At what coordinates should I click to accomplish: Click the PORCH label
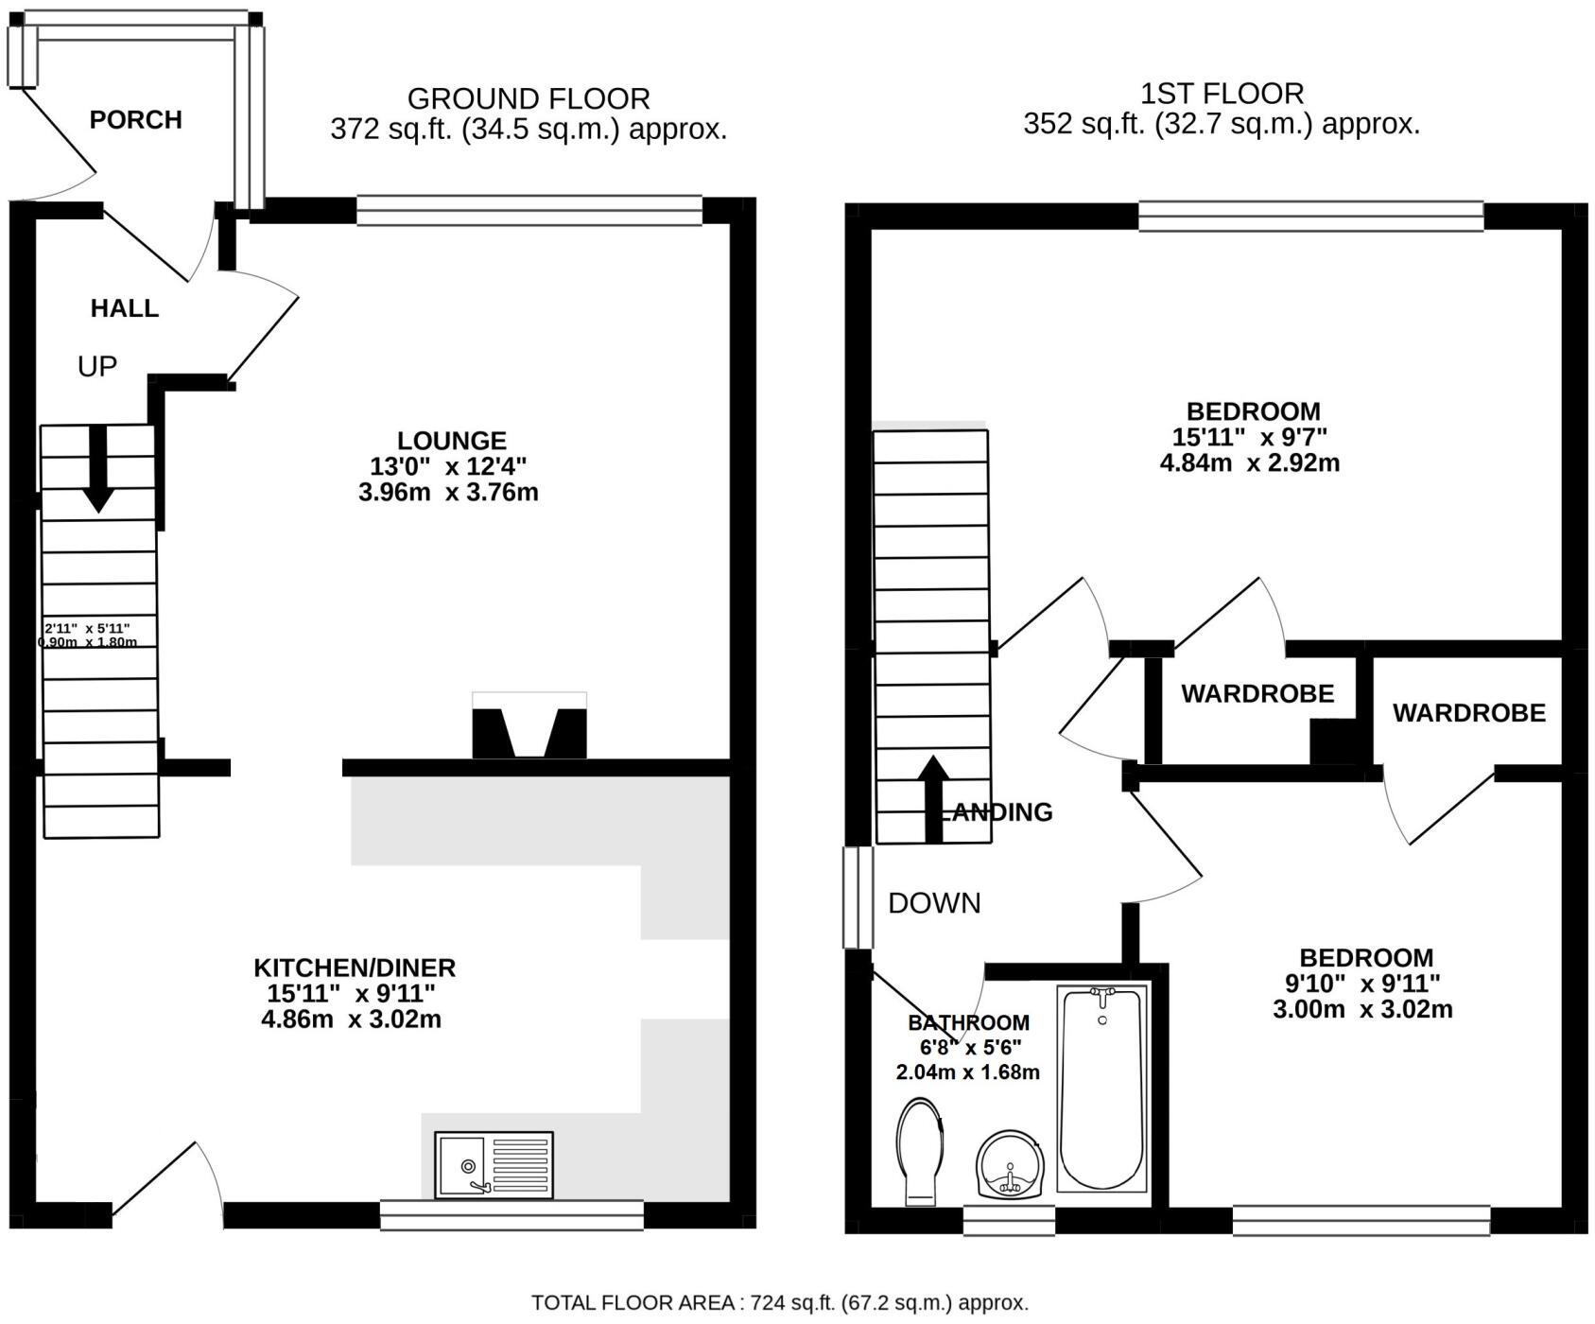(x=135, y=120)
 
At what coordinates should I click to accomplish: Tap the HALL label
(x=124, y=308)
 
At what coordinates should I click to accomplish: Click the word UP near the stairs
(x=96, y=367)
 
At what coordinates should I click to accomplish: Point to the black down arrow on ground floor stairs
(x=98, y=470)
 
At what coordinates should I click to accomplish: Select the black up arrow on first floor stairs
(x=933, y=797)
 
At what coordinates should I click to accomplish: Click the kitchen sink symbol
(x=494, y=1165)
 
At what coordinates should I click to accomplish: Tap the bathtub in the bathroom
(x=1101, y=1088)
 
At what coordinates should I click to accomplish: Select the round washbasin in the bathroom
(x=1011, y=1165)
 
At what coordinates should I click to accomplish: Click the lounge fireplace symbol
(x=529, y=726)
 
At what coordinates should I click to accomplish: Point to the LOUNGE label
(x=452, y=441)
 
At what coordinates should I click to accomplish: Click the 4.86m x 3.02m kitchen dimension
(x=351, y=1019)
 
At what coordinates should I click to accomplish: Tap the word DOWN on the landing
(x=934, y=903)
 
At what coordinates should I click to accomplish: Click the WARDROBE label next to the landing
(x=1257, y=694)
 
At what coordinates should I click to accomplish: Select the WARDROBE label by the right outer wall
(x=1468, y=713)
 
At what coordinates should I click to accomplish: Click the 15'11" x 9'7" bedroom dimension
(x=1250, y=437)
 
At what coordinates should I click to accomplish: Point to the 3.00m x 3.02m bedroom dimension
(x=1362, y=1009)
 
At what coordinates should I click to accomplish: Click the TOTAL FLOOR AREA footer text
(x=779, y=1302)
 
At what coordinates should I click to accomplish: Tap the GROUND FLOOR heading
(x=528, y=98)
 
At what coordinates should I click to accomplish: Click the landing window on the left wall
(x=858, y=897)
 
